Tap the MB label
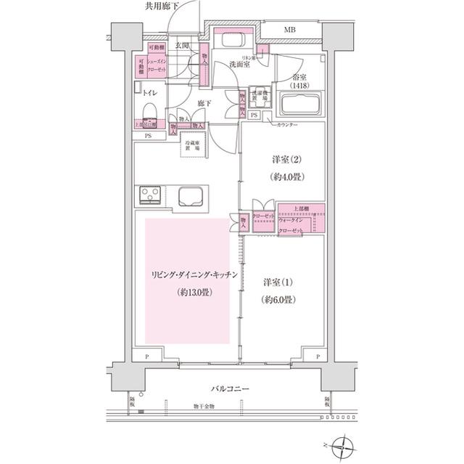click(289, 30)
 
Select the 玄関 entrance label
click(181, 46)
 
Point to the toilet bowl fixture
click(150, 112)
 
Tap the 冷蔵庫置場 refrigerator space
click(194, 146)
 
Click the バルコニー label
click(230, 389)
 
